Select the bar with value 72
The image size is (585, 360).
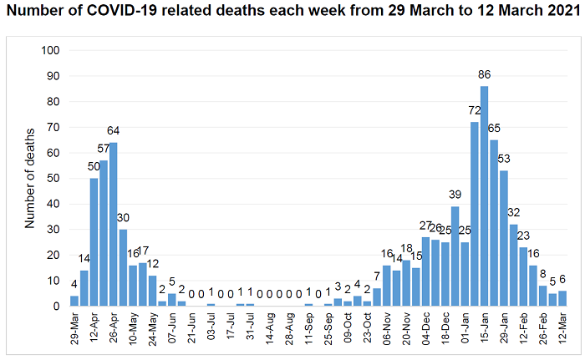[474, 214]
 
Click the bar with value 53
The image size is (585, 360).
[503, 238]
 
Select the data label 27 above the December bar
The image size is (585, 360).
[425, 226]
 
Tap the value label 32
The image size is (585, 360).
[513, 214]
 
